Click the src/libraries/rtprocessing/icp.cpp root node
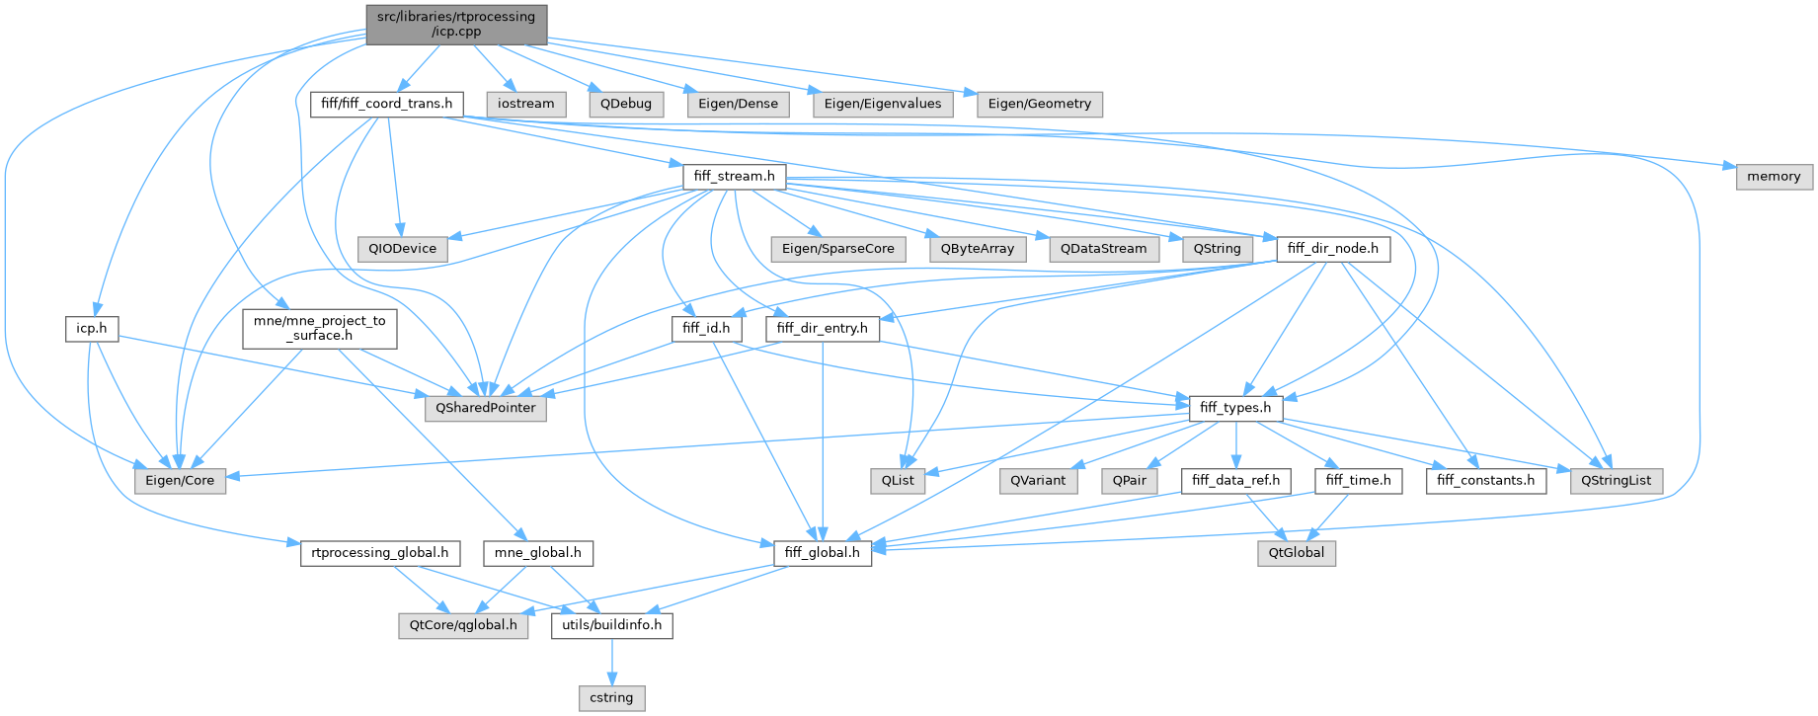point(456,24)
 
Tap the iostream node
point(526,104)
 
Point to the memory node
point(1774,177)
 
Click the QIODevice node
point(402,249)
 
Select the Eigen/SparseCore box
point(837,249)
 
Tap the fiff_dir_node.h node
point(1333,249)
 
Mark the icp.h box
point(92,329)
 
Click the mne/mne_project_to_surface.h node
point(320,328)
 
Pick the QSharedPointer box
point(485,408)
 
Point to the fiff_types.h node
point(1235,408)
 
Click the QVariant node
point(1038,481)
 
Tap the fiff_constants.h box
point(1486,481)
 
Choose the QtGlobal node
point(1297,553)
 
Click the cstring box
point(611,698)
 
